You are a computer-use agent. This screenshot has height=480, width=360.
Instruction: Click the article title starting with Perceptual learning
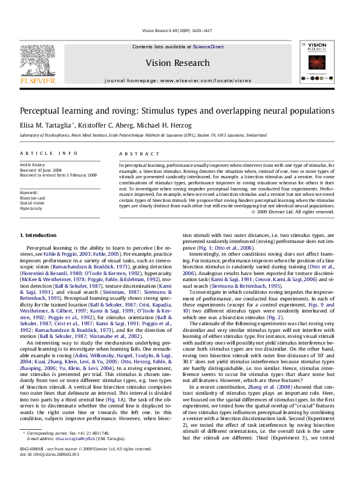click(x=176, y=111)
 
